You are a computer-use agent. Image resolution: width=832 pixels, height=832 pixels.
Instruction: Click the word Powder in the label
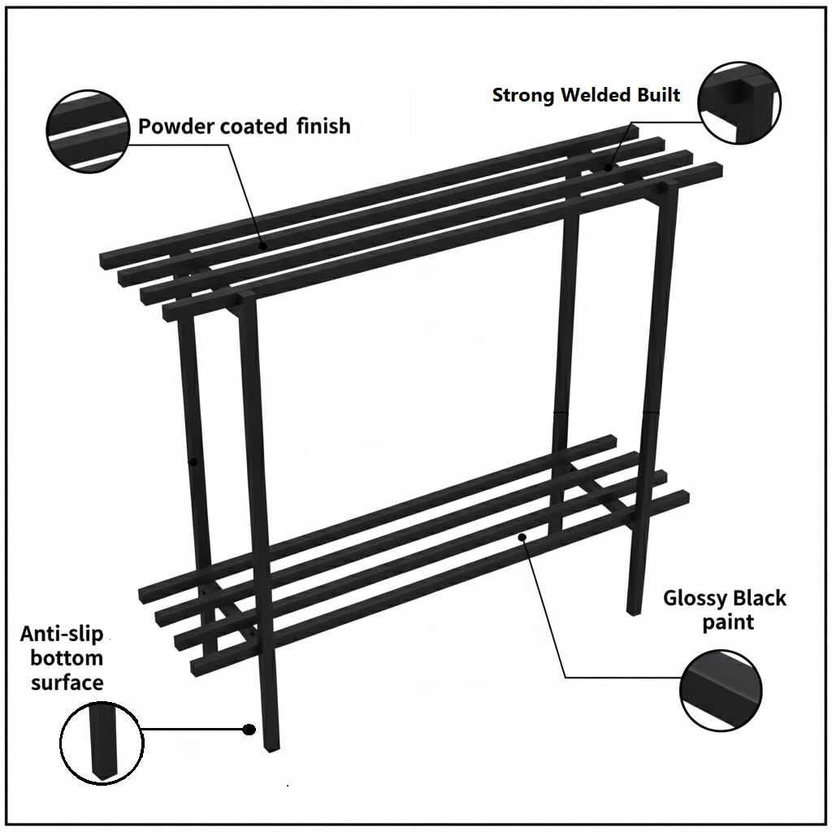(176, 127)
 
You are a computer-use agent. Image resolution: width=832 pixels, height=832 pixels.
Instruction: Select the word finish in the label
(323, 126)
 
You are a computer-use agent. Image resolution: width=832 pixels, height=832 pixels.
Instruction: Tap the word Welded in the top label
(596, 95)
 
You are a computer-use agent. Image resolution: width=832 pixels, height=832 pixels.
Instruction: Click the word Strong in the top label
(524, 96)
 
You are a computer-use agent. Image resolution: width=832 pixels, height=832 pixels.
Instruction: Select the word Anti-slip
(62, 634)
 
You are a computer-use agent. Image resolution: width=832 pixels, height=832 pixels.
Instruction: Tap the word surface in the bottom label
(67, 682)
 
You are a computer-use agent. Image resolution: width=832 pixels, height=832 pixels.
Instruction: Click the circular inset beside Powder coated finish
(88, 131)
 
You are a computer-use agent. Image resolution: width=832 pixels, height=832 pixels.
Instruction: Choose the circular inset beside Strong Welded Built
(739, 102)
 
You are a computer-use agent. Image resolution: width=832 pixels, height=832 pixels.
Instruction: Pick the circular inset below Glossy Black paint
(721, 691)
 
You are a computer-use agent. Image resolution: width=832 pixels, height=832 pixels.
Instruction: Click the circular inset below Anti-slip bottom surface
(102, 743)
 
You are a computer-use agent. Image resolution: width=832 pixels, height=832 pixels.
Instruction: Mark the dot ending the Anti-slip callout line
(249, 730)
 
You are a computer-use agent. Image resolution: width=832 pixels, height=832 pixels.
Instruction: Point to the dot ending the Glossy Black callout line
(522, 537)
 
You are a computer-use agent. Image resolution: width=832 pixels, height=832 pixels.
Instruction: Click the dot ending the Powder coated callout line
(262, 245)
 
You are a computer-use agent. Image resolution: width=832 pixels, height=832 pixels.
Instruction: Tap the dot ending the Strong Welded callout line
(608, 167)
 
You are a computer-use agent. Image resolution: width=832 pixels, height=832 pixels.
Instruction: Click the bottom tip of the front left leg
(271, 750)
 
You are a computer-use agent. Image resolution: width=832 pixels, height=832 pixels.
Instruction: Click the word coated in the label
(253, 127)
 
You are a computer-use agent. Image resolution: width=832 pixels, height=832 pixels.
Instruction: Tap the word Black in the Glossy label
(760, 598)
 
